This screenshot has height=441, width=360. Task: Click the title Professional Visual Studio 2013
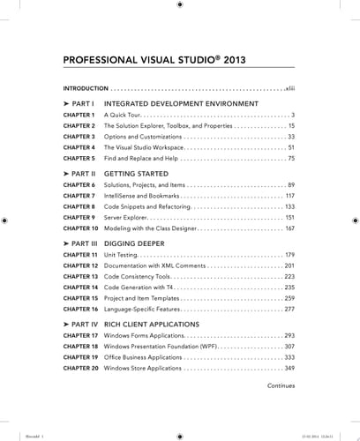pyautogui.click(x=154, y=61)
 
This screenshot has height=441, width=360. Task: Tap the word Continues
pyautogui.click(x=281, y=385)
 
